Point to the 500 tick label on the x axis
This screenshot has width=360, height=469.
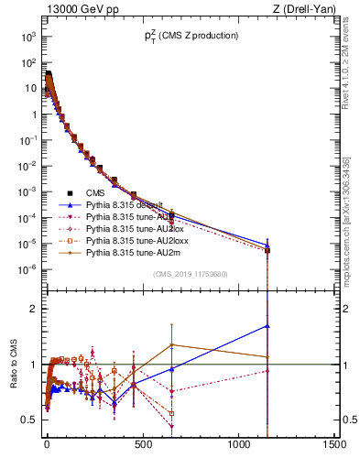[143, 444]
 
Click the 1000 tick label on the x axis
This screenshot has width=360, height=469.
[238, 444]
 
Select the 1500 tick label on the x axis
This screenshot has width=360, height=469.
[334, 444]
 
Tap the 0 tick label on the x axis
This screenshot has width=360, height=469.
[47, 444]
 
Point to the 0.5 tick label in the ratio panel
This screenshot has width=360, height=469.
[31, 420]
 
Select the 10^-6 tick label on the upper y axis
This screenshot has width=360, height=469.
[27, 269]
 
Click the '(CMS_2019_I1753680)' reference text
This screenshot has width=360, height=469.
[190, 274]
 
